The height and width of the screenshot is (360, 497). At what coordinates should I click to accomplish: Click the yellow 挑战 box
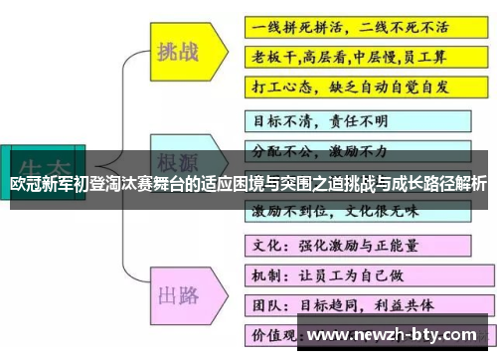181,52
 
